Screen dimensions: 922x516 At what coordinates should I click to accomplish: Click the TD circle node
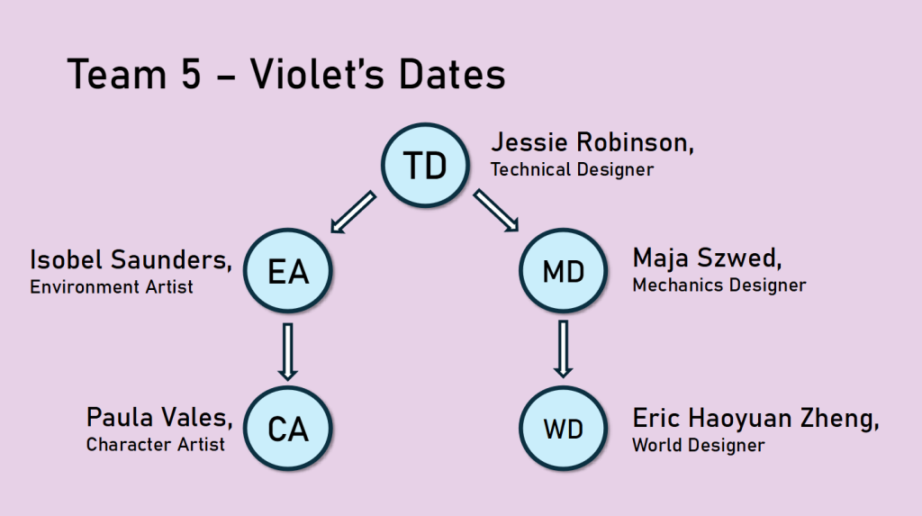(x=425, y=165)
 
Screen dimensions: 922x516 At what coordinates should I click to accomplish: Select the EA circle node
(x=287, y=271)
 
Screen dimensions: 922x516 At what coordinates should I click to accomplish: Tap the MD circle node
(x=564, y=271)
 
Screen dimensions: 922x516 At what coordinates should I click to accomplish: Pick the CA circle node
(x=287, y=429)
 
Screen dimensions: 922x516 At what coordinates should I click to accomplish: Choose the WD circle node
(x=564, y=429)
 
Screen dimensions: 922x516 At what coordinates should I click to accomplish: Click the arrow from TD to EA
(x=353, y=212)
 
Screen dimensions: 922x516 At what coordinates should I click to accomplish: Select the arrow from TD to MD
(x=496, y=211)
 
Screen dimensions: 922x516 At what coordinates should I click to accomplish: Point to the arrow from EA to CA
(x=287, y=351)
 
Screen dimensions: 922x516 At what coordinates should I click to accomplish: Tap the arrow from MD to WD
(x=564, y=349)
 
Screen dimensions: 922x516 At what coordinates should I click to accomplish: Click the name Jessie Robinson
(x=592, y=142)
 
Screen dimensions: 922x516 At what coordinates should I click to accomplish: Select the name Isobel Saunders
(x=131, y=259)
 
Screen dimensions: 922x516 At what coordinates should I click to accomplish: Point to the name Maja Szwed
(x=707, y=258)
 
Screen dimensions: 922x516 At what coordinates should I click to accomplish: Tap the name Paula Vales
(x=159, y=418)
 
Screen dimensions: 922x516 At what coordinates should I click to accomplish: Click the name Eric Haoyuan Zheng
(x=755, y=419)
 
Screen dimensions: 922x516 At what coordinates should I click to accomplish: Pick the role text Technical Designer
(x=572, y=169)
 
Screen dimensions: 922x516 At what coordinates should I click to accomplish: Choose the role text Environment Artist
(x=111, y=286)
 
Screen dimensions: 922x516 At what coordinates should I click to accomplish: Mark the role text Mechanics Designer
(x=719, y=285)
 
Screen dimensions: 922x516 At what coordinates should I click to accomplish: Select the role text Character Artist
(x=155, y=444)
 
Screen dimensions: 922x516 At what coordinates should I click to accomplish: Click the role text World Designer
(x=699, y=446)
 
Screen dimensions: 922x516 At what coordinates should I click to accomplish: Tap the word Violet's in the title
(x=318, y=74)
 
